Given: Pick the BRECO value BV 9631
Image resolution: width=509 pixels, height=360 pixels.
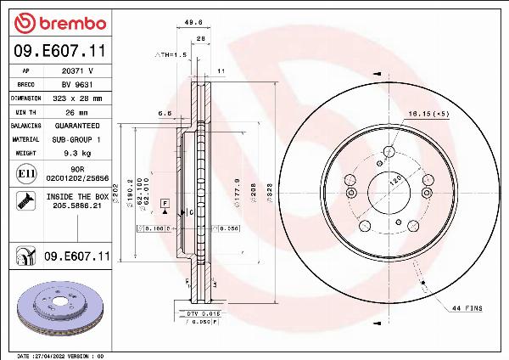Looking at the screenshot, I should click(x=76, y=85).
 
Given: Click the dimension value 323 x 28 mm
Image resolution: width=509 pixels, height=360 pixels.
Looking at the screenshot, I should click(x=77, y=98).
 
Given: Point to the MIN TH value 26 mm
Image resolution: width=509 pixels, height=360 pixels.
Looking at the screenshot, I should click(x=77, y=111).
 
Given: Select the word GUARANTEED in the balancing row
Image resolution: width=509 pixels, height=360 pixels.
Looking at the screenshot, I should click(x=77, y=125).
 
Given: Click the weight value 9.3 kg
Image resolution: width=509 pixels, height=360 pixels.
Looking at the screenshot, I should click(x=77, y=152).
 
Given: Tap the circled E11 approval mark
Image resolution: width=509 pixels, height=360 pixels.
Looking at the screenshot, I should click(x=26, y=173).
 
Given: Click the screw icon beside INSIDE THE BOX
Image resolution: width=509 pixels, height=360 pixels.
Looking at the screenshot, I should click(x=26, y=201).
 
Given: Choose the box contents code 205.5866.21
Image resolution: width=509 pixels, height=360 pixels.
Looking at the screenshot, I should click(x=76, y=205).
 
